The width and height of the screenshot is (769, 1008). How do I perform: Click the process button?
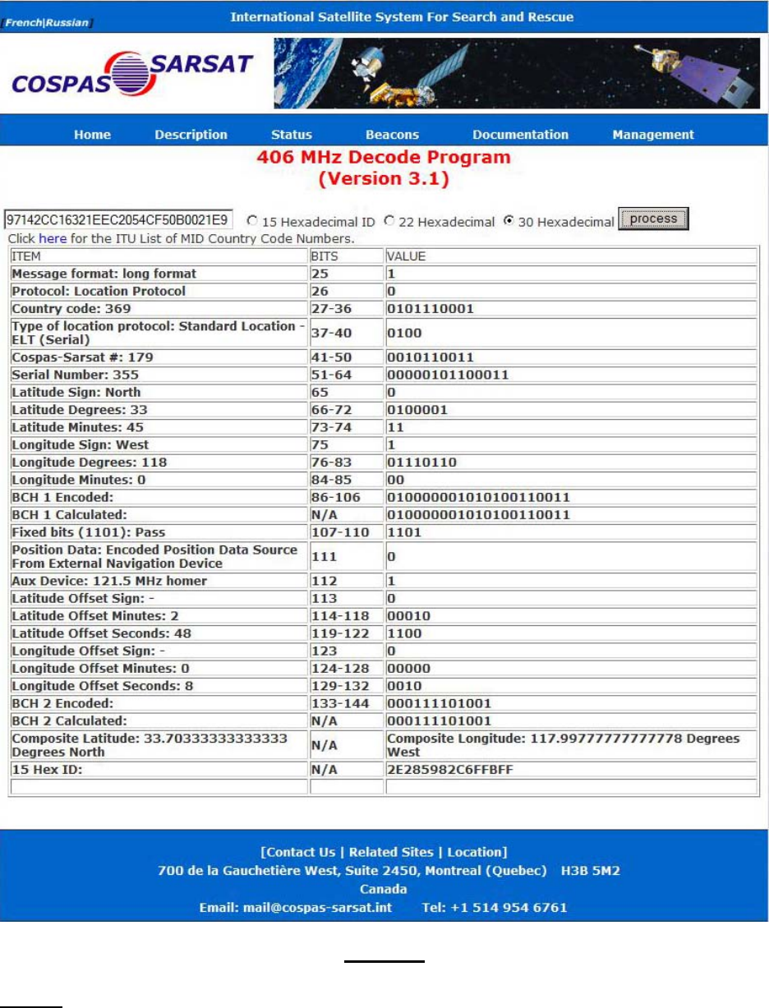click(653, 219)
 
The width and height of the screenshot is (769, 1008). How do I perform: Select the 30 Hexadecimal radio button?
click(509, 221)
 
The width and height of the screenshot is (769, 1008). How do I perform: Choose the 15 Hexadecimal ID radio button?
click(252, 221)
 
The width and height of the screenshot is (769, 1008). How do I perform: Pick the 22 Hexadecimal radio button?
click(389, 221)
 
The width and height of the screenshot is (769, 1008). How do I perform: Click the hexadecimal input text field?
click(118, 220)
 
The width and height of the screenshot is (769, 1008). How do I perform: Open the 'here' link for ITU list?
click(53, 239)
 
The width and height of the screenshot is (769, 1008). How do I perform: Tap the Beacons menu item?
click(392, 135)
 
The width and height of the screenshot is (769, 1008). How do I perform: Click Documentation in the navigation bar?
click(520, 135)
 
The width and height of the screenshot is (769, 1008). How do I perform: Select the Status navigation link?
click(292, 135)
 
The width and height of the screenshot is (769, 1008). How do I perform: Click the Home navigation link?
click(92, 135)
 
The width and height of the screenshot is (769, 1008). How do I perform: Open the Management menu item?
click(653, 135)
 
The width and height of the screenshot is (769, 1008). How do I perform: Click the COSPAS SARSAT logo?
click(131, 74)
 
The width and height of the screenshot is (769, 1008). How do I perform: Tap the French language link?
click(25, 22)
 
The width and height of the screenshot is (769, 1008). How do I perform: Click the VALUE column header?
click(406, 256)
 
